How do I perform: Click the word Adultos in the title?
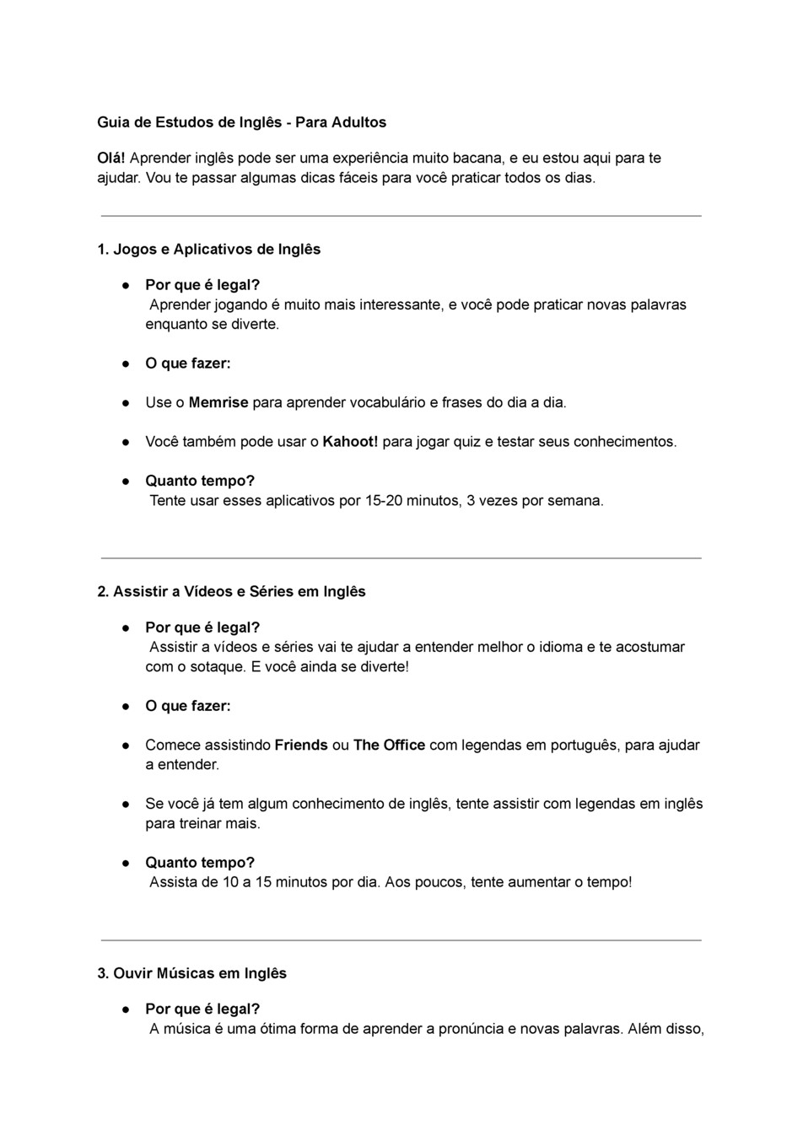(x=358, y=122)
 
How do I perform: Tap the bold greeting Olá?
(x=111, y=158)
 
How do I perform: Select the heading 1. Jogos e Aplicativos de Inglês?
(x=209, y=250)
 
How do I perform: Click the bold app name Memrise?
(x=218, y=402)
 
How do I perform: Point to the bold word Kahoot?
(x=350, y=442)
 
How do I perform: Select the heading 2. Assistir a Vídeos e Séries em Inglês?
(x=232, y=592)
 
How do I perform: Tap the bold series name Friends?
(x=301, y=746)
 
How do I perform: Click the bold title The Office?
(x=389, y=746)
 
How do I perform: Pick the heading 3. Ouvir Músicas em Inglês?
(x=192, y=973)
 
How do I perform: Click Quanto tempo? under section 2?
(x=200, y=863)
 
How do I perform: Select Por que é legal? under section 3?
(x=202, y=1009)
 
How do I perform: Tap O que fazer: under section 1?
(x=188, y=363)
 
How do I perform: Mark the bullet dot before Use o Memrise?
(x=124, y=403)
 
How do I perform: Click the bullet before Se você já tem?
(x=124, y=805)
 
